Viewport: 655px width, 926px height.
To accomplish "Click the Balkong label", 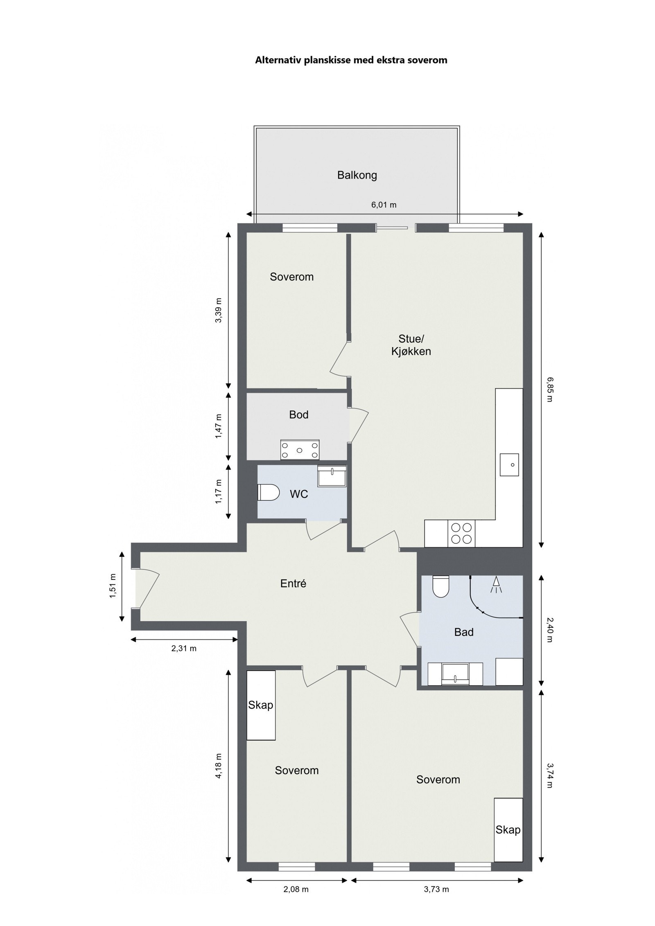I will [x=357, y=175].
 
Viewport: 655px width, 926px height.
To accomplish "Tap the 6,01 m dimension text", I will [x=384, y=205].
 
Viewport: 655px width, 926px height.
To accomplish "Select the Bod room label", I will [x=298, y=415].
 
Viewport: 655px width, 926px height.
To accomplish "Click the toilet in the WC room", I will [x=268, y=492].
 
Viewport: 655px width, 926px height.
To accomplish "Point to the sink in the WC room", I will [x=332, y=475].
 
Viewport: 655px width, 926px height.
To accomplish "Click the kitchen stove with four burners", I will [x=461, y=533].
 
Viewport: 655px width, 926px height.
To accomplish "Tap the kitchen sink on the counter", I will [x=509, y=464].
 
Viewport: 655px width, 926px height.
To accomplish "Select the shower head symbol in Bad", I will [x=496, y=584].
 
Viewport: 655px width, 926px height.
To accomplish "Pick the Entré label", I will [x=293, y=584].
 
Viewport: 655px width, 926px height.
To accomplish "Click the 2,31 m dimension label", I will [x=184, y=648].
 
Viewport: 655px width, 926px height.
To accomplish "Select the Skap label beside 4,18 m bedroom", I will [x=260, y=705].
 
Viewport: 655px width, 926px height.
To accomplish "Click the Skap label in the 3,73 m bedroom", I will [x=508, y=829].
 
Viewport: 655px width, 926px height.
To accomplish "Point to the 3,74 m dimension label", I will [x=549, y=775].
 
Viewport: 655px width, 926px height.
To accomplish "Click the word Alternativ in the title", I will [x=278, y=60].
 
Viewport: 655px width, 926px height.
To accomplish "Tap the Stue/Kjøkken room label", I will [x=411, y=345].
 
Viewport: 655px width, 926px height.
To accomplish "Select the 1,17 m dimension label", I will [x=218, y=491].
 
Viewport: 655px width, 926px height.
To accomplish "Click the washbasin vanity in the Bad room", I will [x=455, y=674].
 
